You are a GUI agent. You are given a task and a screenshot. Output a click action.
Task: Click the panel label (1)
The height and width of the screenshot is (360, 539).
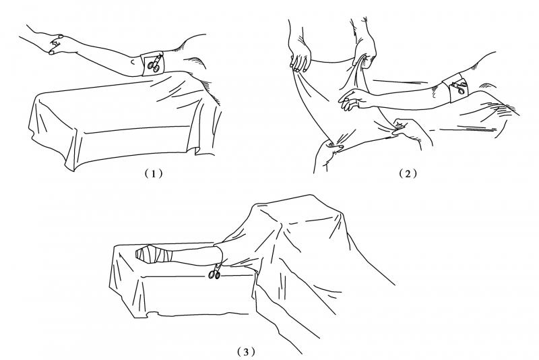154,174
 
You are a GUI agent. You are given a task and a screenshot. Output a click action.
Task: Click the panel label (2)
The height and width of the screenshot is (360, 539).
408,174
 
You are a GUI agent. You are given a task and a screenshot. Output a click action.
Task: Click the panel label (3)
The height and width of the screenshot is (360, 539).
247,352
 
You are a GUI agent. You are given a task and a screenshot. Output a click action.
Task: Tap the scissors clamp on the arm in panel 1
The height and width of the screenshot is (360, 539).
154,63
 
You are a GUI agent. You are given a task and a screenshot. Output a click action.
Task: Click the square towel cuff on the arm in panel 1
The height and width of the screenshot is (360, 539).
152,64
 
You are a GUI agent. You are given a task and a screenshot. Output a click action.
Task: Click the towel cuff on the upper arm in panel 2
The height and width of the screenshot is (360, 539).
456,88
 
